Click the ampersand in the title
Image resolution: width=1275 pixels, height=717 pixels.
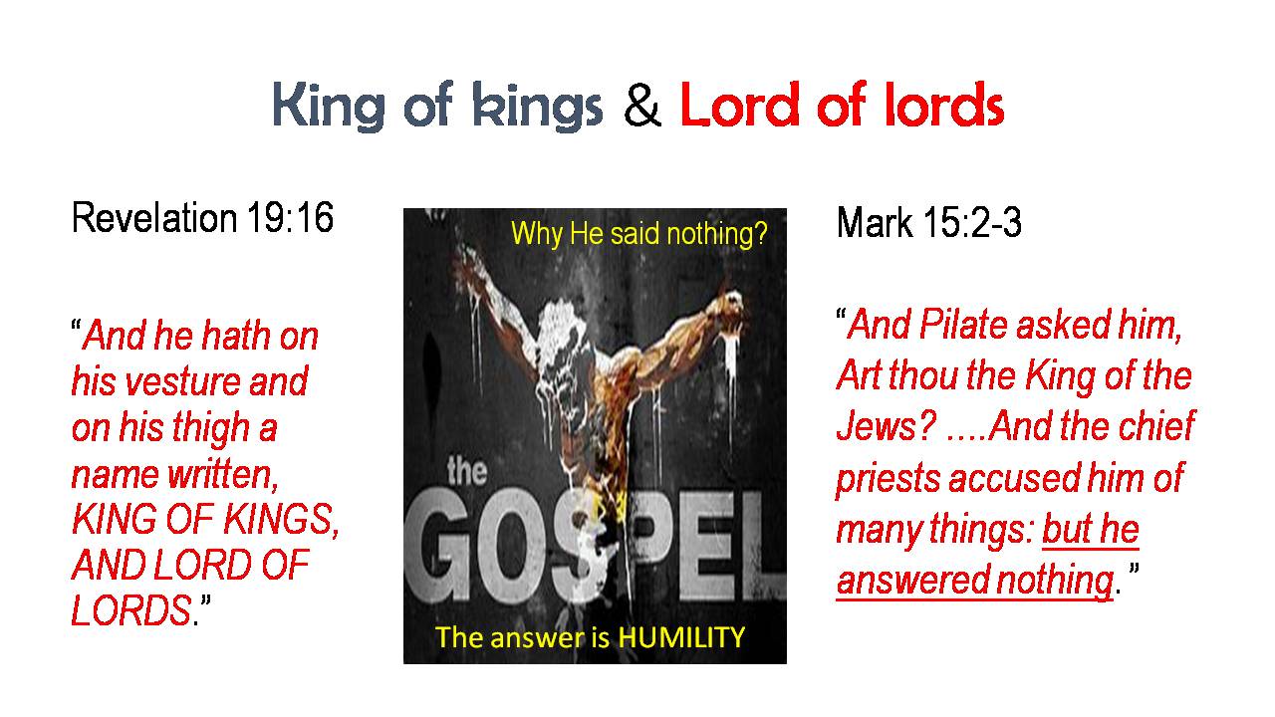(x=641, y=106)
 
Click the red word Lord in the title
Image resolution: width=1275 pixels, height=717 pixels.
(x=740, y=105)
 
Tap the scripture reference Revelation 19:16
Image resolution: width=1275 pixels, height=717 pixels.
(x=202, y=217)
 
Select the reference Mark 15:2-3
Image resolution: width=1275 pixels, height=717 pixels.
(x=929, y=222)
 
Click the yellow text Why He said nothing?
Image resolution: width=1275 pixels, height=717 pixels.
(x=639, y=233)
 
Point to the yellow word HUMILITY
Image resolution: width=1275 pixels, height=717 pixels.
(x=680, y=637)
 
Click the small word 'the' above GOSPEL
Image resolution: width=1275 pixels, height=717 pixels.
(x=467, y=471)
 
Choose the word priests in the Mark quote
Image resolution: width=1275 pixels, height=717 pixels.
(x=888, y=479)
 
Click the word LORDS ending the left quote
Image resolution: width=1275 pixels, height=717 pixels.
(x=131, y=610)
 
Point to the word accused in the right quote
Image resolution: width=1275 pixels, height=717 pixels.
(x=1014, y=478)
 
